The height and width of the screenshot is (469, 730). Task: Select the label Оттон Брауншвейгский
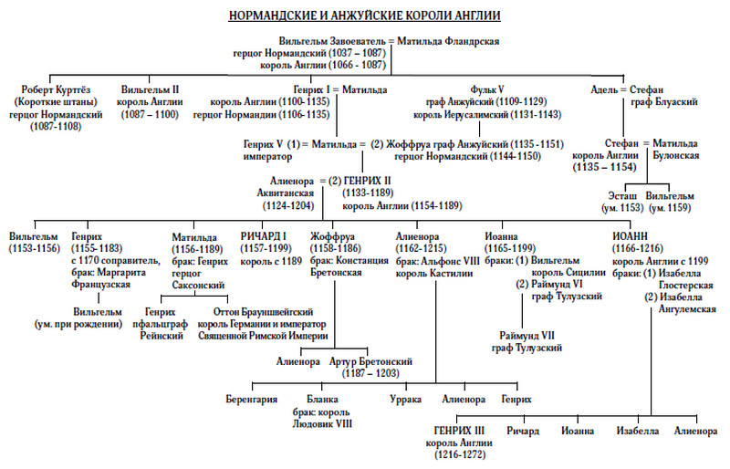[x=267, y=311]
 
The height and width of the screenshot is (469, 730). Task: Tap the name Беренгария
[x=251, y=400]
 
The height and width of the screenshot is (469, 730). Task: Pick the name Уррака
[x=404, y=400]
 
